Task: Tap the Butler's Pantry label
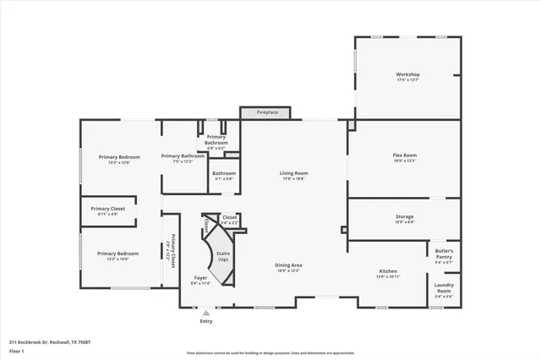point(444,256)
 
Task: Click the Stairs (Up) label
point(223,257)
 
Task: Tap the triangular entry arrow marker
point(205,313)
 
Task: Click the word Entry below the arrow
point(205,322)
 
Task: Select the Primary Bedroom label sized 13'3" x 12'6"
point(118,160)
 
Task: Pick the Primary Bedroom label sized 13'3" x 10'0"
point(117,256)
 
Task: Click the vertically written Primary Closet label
point(172,251)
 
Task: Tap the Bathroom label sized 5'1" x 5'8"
point(224,176)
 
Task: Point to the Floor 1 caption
point(16,350)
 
